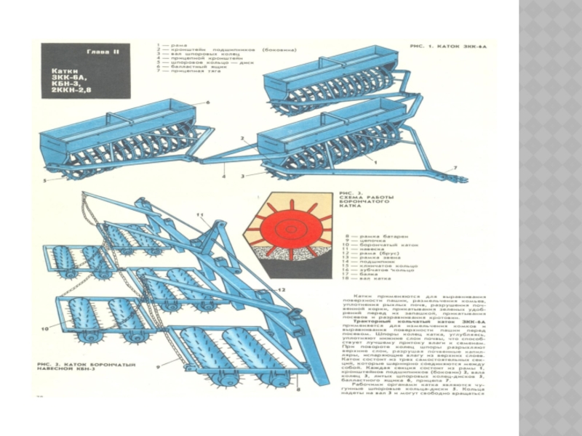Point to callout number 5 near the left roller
44,179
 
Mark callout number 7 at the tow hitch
455,167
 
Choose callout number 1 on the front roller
375,164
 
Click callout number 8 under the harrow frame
298,391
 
